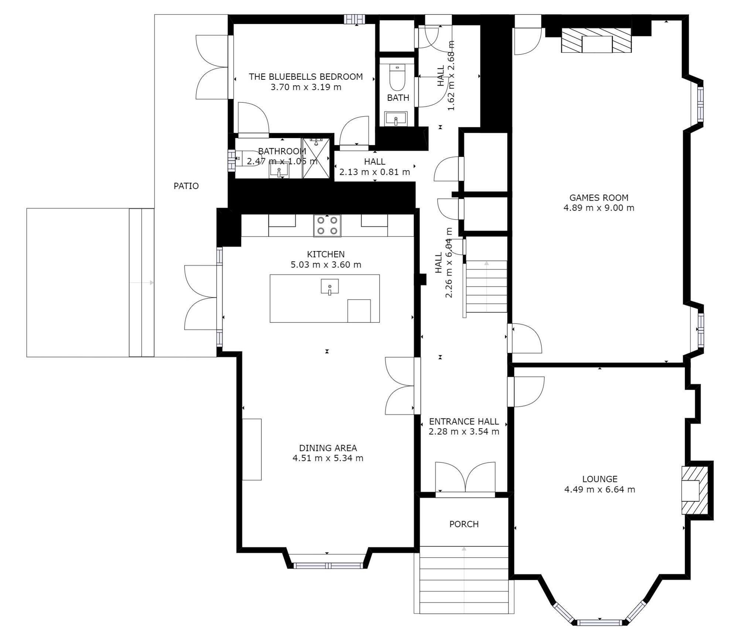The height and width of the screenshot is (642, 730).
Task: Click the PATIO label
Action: click(186, 186)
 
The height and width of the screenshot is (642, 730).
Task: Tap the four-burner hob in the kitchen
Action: click(327, 225)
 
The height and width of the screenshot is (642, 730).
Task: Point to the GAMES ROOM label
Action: click(599, 198)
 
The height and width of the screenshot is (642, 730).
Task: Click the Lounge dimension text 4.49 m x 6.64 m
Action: click(600, 490)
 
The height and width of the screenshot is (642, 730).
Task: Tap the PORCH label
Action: click(464, 524)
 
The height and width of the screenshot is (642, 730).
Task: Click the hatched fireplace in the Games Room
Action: click(596, 40)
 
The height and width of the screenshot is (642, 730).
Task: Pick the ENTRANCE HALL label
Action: click(464, 421)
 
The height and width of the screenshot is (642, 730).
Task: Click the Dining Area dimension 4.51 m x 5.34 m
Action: click(328, 458)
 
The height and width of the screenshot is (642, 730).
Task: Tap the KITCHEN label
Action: click(326, 254)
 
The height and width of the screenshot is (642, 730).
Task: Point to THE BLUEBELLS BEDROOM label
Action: click(306, 77)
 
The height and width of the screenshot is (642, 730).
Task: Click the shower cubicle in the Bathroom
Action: click(315, 158)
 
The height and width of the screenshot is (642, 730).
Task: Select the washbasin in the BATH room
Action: click(395, 119)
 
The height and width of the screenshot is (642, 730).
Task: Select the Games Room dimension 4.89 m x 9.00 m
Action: click(599, 208)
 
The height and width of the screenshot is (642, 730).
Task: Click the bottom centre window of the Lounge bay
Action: click(600, 622)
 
